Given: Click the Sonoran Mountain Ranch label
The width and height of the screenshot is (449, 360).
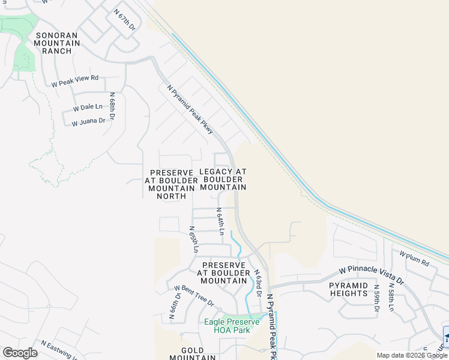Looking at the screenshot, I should coord(58,43).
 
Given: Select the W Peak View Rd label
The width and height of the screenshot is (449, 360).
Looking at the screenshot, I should coord(75,81).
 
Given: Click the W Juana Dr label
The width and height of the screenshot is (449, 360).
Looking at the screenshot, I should coord(88,122).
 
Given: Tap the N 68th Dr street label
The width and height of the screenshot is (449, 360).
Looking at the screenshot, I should coord(112,107).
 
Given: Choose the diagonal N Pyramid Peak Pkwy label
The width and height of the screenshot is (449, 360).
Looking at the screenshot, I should coord(190,109).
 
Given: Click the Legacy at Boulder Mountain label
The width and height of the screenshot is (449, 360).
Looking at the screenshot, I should coord(223,179).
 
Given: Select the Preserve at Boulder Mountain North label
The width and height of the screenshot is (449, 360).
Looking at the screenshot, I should coord(171,184).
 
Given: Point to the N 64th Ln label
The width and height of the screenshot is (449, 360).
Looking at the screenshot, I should coord(221,221).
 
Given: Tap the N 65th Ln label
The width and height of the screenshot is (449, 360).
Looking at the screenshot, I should coord(193,239).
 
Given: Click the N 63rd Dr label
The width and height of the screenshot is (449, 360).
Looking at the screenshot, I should coord(257,283).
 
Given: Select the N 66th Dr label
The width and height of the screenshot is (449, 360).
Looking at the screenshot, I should coord(171,307).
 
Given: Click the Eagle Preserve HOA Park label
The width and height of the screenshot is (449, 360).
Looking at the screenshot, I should coord(232,326).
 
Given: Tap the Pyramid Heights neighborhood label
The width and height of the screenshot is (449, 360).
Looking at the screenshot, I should coord(348,289).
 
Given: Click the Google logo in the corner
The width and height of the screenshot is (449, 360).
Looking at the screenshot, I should coord(20,353).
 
